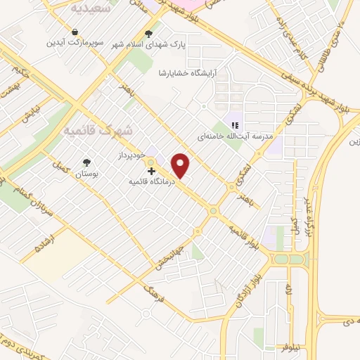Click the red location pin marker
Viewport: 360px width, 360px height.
(x=181, y=165)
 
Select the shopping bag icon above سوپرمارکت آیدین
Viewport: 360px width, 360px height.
(x=75, y=31)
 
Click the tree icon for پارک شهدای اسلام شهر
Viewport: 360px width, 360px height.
(x=148, y=32)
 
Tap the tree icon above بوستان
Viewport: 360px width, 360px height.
(x=87, y=162)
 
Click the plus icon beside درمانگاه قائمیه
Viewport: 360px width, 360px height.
(x=150, y=171)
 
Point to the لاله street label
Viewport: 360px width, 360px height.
(x=289, y=288)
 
